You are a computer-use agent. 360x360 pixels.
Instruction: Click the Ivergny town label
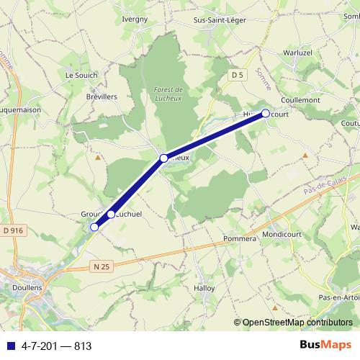[135, 19]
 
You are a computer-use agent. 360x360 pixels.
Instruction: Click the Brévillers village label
[102, 96]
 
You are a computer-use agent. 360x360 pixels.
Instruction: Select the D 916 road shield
[12, 230]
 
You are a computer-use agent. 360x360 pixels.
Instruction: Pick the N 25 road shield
[102, 267]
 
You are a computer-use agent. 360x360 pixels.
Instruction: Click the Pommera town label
[240, 238]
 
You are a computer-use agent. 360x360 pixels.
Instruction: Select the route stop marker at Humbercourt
[265, 113]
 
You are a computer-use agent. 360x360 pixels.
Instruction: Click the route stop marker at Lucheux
[164, 158]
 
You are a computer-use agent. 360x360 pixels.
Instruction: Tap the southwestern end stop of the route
[94, 228]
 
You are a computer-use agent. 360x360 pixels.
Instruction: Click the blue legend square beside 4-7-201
[10, 346]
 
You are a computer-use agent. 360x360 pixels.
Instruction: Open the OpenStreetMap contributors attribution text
[297, 323]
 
